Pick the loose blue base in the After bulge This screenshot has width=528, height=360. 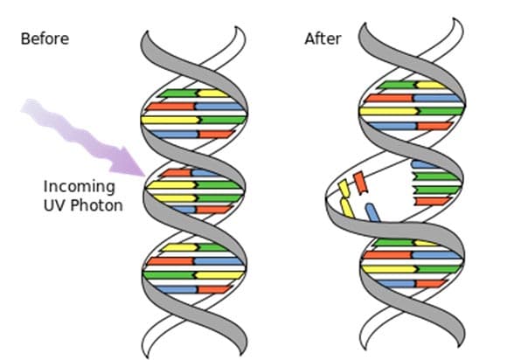372,213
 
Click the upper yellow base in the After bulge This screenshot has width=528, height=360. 344,186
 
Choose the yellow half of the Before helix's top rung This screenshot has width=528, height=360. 212,91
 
